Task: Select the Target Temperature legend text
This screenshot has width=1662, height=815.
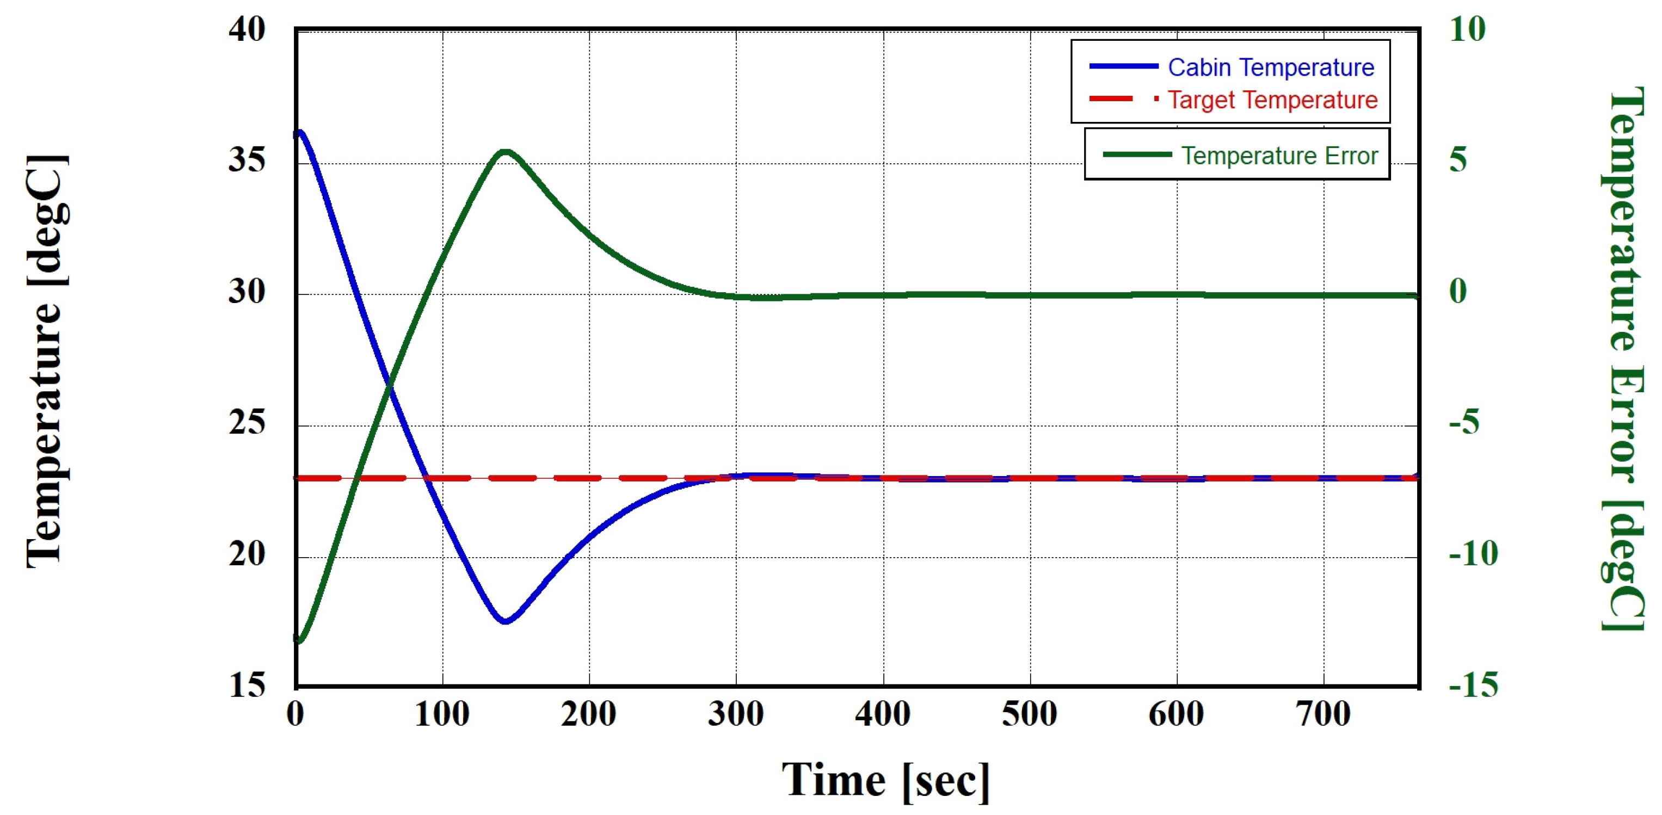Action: click(1272, 100)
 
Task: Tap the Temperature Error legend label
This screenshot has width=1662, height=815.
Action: click(1279, 156)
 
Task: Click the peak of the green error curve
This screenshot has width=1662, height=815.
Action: click(505, 152)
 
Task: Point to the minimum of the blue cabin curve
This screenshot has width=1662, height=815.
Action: click(505, 621)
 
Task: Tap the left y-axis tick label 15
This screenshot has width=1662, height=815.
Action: click(247, 686)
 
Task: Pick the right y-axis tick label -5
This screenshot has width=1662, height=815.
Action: click(1464, 423)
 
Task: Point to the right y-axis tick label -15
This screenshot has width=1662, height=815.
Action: click(1473, 686)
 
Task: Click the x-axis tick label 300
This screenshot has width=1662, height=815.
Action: click(736, 714)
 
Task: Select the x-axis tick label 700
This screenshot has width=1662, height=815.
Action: click(1324, 714)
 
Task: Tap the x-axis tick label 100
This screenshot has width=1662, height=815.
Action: click(442, 714)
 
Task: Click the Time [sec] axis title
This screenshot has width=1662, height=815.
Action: click(885, 781)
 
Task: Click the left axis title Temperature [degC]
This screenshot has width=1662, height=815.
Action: click(46, 361)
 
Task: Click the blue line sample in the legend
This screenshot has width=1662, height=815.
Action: click(1123, 66)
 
